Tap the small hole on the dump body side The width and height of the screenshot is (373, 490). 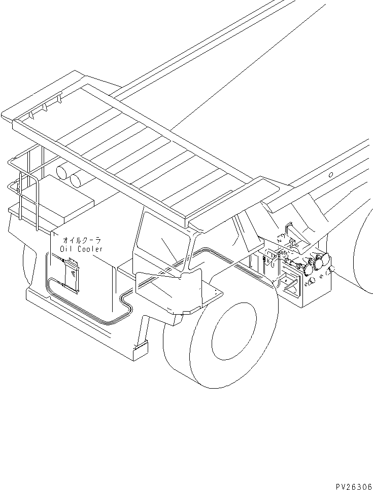330,175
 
